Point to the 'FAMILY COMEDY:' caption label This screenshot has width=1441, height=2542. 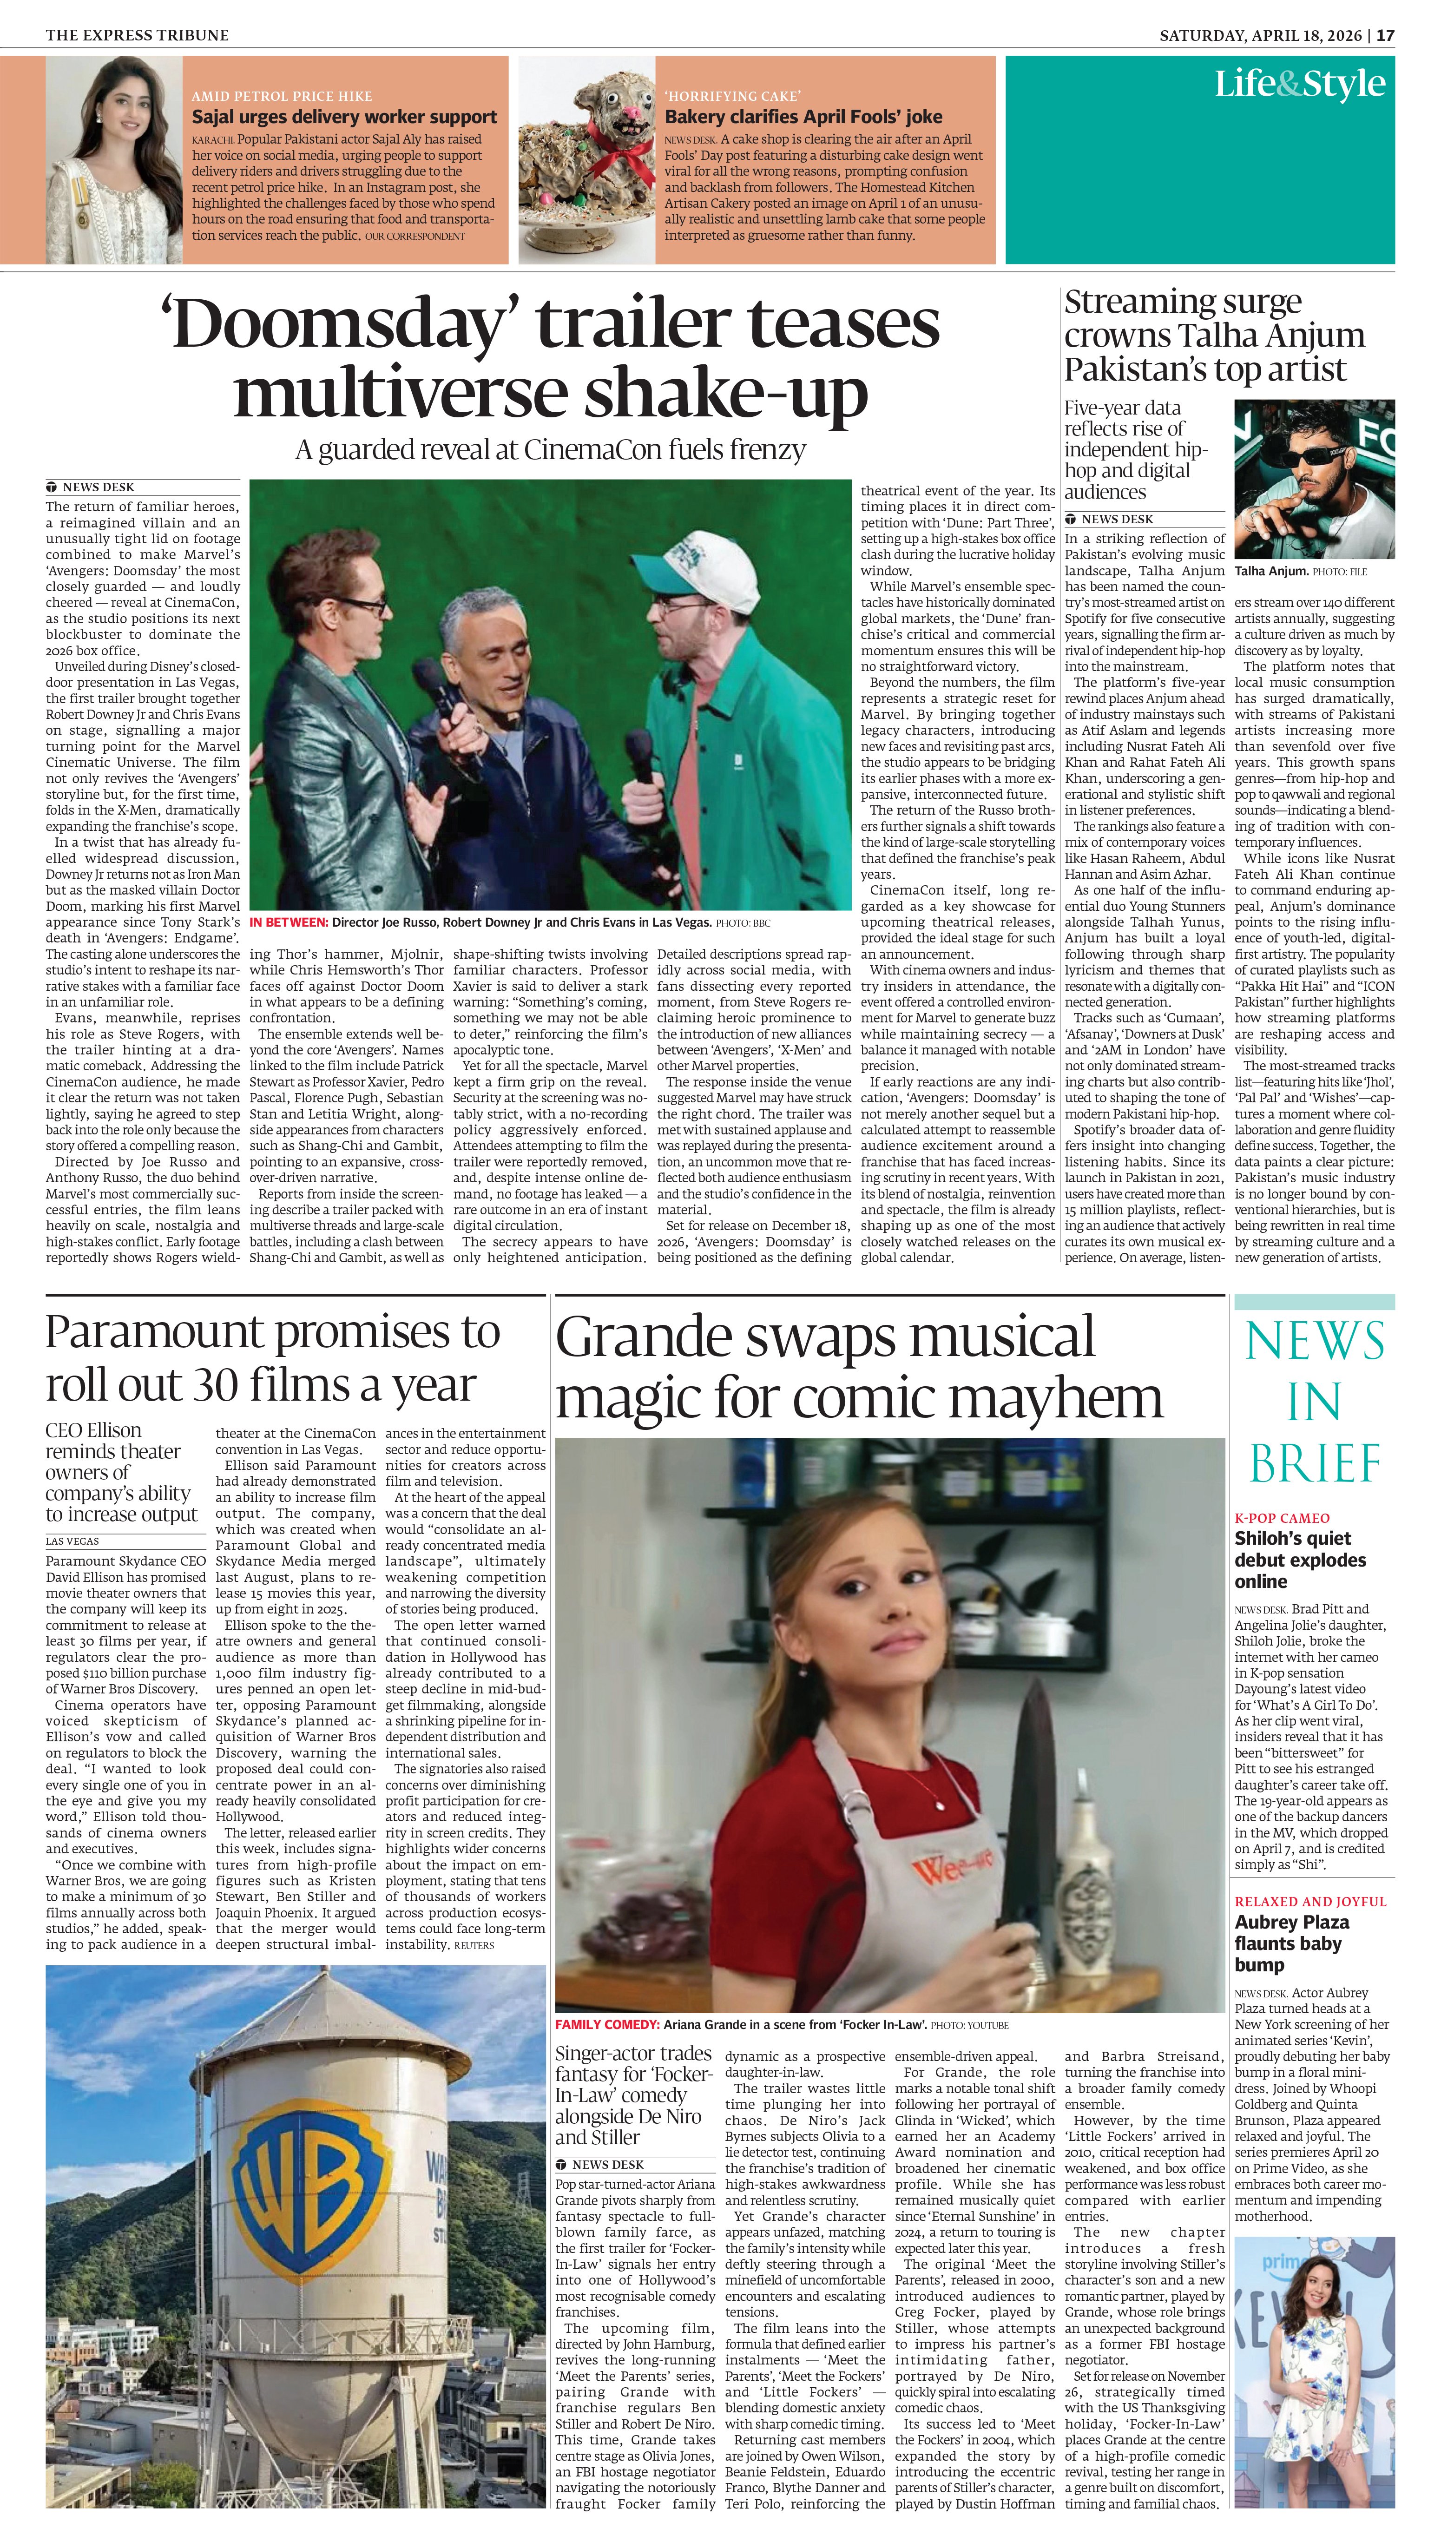tap(607, 2024)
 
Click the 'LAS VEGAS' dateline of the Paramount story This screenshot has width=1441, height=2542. tap(72, 1541)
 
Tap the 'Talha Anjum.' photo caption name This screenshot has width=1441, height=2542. tap(1271, 571)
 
